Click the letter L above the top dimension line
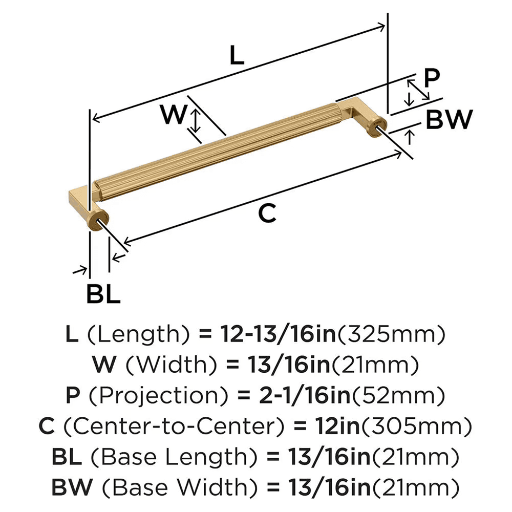tap(236, 55)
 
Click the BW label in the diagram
tap(449, 120)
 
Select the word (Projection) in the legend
tap(140, 395)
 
